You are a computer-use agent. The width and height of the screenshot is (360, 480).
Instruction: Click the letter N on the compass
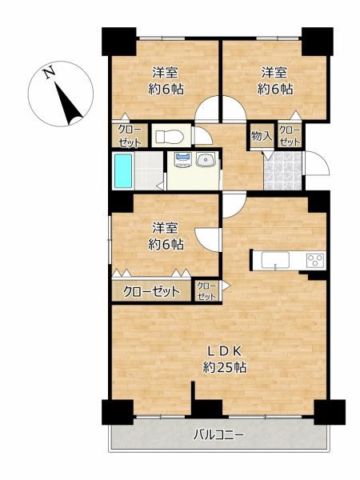(x=50, y=74)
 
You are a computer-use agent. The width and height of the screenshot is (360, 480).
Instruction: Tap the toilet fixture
(x=167, y=137)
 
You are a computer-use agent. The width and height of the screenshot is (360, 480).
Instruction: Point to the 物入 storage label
(x=262, y=136)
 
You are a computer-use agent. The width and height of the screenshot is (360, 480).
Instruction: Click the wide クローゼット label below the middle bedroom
(x=151, y=291)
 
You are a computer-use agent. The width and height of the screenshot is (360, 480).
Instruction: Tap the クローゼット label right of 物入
(x=290, y=136)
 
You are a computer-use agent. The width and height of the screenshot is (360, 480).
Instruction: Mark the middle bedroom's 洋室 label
(x=166, y=226)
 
